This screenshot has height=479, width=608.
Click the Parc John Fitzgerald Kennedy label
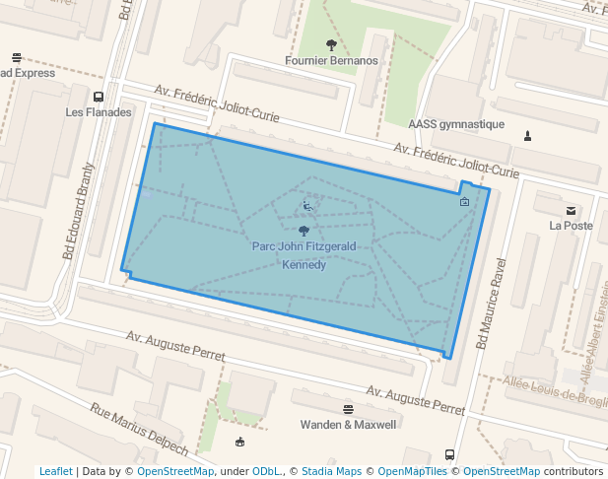[x=304, y=254]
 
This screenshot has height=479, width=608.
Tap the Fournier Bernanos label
[x=331, y=60]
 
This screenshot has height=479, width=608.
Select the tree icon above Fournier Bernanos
[x=331, y=44]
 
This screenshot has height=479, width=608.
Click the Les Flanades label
[x=99, y=112]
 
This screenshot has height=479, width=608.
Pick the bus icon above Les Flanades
[x=99, y=97]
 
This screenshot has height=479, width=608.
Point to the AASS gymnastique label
[x=456, y=124]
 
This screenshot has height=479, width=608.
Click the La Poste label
[x=571, y=226]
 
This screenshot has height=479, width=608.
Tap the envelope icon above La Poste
[x=571, y=210]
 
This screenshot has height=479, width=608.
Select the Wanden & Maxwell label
[x=348, y=425]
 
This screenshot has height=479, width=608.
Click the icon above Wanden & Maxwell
[x=348, y=409]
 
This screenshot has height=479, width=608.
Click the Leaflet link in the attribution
[x=56, y=471]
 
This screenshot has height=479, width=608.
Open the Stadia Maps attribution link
[x=331, y=471]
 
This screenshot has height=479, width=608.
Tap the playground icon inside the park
[x=308, y=207]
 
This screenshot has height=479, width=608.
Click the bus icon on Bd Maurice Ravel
[x=449, y=455]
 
